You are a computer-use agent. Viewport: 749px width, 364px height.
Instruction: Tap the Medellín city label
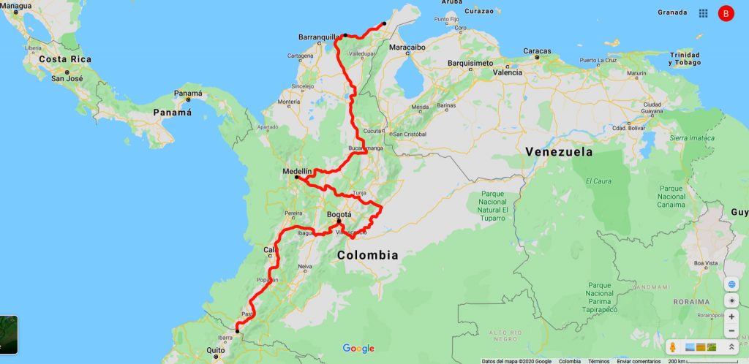click(297, 172)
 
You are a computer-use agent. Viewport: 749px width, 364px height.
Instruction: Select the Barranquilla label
click(320, 37)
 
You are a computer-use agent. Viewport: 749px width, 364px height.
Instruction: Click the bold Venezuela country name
click(558, 152)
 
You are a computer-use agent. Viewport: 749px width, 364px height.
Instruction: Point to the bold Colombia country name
click(367, 255)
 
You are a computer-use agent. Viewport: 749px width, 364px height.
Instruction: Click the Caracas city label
click(537, 51)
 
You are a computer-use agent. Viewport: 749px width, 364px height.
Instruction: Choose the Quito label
click(215, 350)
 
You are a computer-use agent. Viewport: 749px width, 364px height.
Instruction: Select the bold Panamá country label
click(172, 113)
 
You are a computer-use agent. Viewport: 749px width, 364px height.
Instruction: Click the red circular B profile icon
click(726, 13)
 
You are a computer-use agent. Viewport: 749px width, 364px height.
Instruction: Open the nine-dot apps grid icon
click(703, 13)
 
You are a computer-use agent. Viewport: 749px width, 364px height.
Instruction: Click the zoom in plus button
click(732, 317)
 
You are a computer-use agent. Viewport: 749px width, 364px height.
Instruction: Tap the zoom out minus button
click(732, 330)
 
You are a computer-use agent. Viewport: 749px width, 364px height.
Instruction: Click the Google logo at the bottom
click(358, 348)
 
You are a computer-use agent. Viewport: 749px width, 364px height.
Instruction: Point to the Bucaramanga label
click(365, 148)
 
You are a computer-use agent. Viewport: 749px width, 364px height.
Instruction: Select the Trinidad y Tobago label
click(685, 58)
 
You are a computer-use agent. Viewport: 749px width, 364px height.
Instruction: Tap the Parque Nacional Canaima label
click(671, 196)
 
